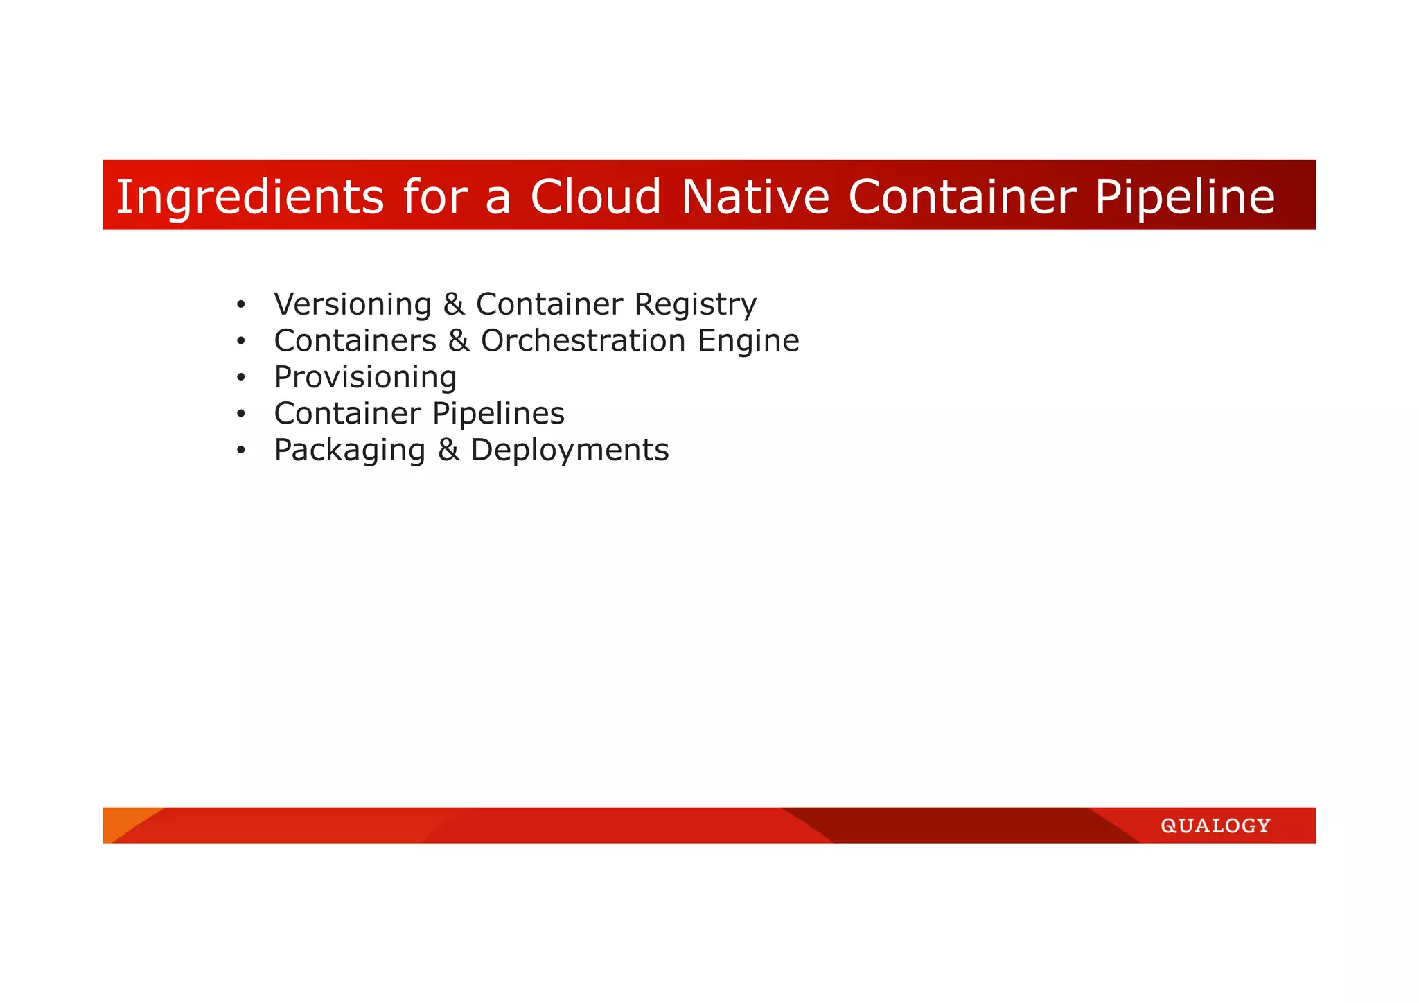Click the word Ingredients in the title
coord(249,197)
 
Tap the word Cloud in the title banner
coord(596,196)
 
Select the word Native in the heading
coord(755,196)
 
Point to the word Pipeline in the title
coord(1184,197)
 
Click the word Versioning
coord(352,304)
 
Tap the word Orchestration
coord(583,340)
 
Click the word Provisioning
coord(365,378)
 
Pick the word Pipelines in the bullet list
coord(498,415)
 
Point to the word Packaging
coord(349,451)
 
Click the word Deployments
coord(570,451)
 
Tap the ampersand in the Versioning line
coord(453,304)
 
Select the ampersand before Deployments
coord(448,450)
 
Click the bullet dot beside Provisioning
coord(240,378)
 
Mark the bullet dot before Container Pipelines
coord(240,414)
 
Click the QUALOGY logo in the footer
coord(1215,826)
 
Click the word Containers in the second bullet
coord(355,340)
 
